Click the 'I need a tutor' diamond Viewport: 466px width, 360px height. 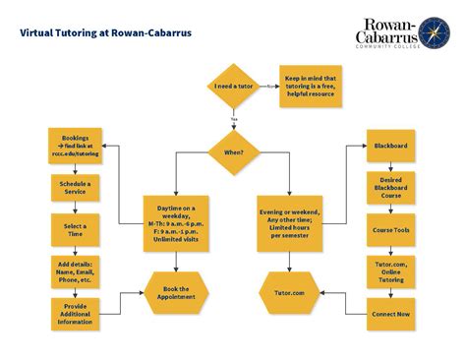233,87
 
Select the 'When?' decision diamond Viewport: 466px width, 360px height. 233,153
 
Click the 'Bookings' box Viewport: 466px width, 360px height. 76,146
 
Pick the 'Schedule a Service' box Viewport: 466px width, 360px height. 76,187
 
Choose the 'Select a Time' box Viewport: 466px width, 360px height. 76,228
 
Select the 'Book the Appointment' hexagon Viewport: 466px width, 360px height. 177,292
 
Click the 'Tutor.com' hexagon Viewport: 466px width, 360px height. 289,292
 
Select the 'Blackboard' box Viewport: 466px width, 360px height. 390,146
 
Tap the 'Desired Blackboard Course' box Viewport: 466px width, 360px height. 390,187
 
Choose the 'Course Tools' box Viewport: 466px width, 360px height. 390,228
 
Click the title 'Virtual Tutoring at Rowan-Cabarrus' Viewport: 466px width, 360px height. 106,31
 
